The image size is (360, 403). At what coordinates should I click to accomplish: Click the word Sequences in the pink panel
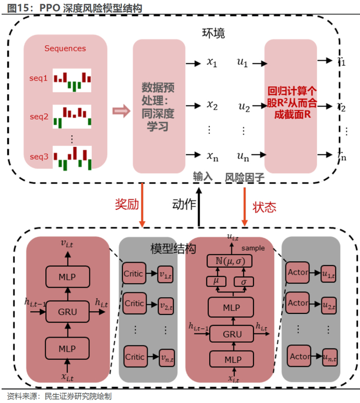tap(65, 48)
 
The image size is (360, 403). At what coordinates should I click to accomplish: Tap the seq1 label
tap(39, 79)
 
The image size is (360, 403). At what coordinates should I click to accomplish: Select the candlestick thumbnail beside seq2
tap(72, 116)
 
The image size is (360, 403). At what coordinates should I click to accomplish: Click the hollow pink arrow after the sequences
tap(119, 111)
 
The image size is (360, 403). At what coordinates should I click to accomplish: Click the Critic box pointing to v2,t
tap(135, 303)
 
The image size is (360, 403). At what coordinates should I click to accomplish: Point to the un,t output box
tap(329, 356)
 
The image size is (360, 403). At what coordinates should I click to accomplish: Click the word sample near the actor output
tap(253, 248)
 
